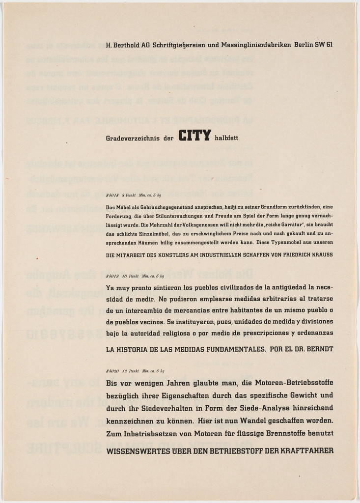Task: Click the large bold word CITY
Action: pyautogui.click(x=194, y=136)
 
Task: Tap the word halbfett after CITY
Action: pyautogui.click(x=226, y=138)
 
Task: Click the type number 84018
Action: pyautogui.click(x=112, y=195)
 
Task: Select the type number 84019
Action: pyautogui.click(x=112, y=276)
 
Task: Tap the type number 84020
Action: pyautogui.click(x=112, y=371)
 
